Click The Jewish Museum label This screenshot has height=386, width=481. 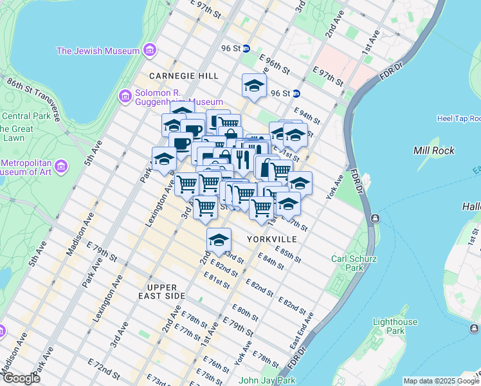click(98, 51)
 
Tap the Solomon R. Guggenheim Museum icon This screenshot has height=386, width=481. click(125, 96)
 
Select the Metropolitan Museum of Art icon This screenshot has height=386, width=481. click(62, 168)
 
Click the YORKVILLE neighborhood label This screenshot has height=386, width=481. click(272, 239)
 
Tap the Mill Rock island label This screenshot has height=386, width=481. click(434, 151)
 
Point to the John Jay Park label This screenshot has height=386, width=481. click(267, 380)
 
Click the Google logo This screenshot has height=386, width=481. click(21, 378)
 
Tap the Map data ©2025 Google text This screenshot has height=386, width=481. click(441, 381)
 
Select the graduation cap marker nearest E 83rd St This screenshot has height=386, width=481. click(219, 240)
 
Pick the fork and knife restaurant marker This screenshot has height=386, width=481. click(242, 158)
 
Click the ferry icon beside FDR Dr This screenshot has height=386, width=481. click(374, 219)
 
